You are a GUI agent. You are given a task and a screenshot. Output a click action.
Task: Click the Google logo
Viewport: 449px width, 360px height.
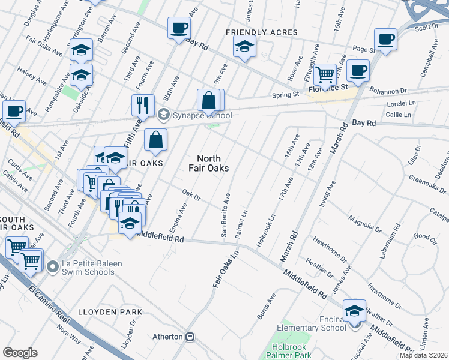20,352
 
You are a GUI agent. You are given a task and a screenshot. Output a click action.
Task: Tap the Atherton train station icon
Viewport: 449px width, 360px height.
191,337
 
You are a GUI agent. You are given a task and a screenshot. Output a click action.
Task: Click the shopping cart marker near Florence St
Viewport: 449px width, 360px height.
325,74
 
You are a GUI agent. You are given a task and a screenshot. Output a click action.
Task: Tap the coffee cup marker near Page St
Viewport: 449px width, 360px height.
385,40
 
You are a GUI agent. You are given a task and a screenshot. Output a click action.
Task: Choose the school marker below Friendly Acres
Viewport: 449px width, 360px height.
244,46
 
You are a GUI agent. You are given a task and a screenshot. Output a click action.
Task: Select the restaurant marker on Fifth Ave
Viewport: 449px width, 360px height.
143,105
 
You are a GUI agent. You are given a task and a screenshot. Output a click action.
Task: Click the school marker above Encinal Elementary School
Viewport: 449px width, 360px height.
354,310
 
